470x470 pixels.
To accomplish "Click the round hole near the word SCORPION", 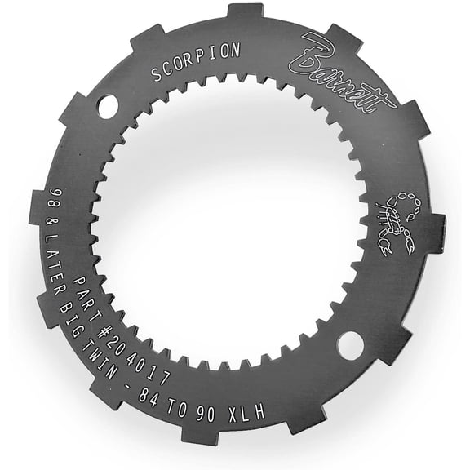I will click(108, 106).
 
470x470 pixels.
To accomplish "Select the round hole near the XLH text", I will click(349, 346).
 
